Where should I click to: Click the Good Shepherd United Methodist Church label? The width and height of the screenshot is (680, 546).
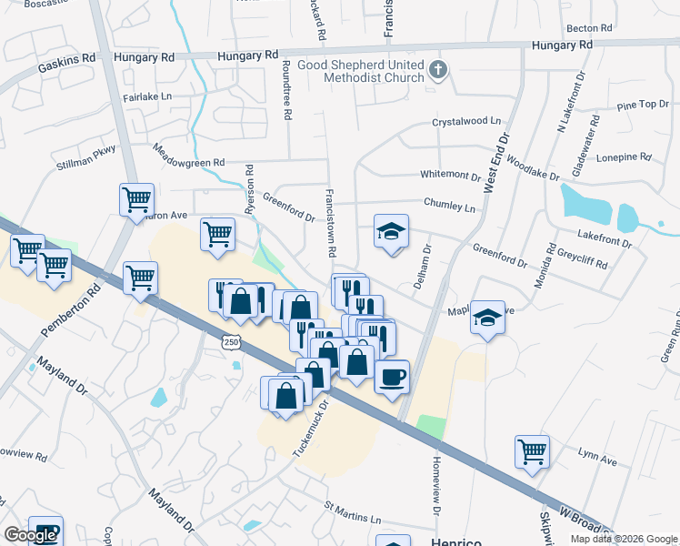(x=373, y=71)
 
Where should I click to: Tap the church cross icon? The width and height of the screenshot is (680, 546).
(x=438, y=70)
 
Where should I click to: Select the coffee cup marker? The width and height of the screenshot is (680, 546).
(x=392, y=376)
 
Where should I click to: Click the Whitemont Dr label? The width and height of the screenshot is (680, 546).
(x=450, y=175)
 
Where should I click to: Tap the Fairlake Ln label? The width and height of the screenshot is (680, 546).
(x=146, y=96)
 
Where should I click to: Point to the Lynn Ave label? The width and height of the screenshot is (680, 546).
(x=597, y=457)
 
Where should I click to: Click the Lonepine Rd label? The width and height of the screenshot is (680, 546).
(x=624, y=157)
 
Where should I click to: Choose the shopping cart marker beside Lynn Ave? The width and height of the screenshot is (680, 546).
(x=532, y=450)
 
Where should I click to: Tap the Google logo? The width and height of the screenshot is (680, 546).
(x=30, y=535)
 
